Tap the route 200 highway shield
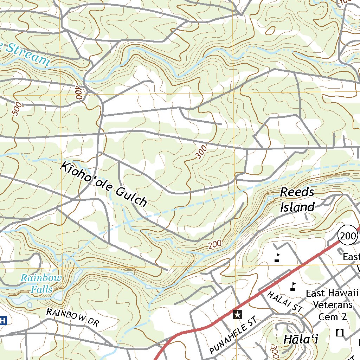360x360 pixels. [x=348, y=236]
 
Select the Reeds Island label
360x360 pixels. [x=297, y=200]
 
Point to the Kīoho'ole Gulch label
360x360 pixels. [x=104, y=184]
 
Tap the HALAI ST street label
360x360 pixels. [x=285, y=302]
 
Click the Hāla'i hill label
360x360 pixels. [x=301, y=340]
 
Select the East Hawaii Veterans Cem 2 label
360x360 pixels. [x=332, y=305]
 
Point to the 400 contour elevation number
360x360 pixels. [x=78, y=94]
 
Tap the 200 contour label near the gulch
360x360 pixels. [x=214, y=245]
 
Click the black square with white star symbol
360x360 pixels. [x=238, y=314]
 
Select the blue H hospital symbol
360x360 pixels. [x=3, y=320]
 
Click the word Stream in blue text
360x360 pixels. [x=28, y=54]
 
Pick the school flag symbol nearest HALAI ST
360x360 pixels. [x=292, y=287]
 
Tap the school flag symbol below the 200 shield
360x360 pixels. [x=277, y=258]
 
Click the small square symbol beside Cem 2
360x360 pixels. [x=340, y=332]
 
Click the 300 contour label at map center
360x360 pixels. [x=201, y=152]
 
